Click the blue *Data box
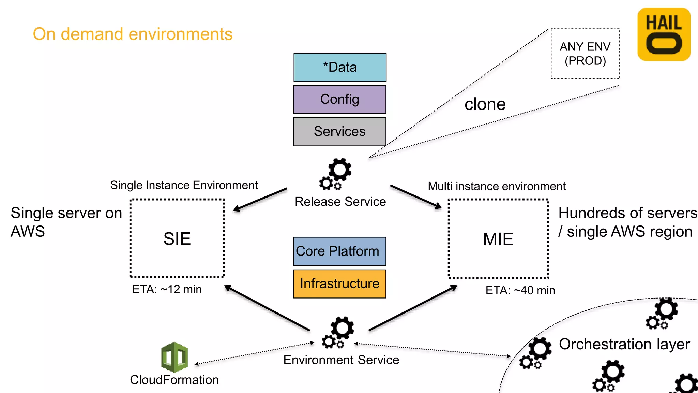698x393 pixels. (340, 67)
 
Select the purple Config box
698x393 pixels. (340, 99)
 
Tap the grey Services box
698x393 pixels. (340, 132)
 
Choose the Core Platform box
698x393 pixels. (340, 251)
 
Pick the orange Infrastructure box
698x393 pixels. (340, 284)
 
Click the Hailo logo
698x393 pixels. (664, 34)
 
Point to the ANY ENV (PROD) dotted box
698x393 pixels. (585, 54)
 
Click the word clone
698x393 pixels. (485, 104)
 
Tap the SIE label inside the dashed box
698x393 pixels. (177, 239)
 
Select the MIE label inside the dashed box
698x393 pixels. (498, 239)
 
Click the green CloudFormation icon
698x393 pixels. (174, 357)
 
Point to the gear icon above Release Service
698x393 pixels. (336, 174)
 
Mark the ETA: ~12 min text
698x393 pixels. (167, 289)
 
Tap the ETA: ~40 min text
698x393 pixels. (520, 290)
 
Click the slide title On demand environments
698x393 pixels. (133, 34)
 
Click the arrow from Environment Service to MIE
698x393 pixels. (413, 308)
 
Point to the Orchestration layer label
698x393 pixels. (624, 344)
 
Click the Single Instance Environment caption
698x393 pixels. (184, 185)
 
